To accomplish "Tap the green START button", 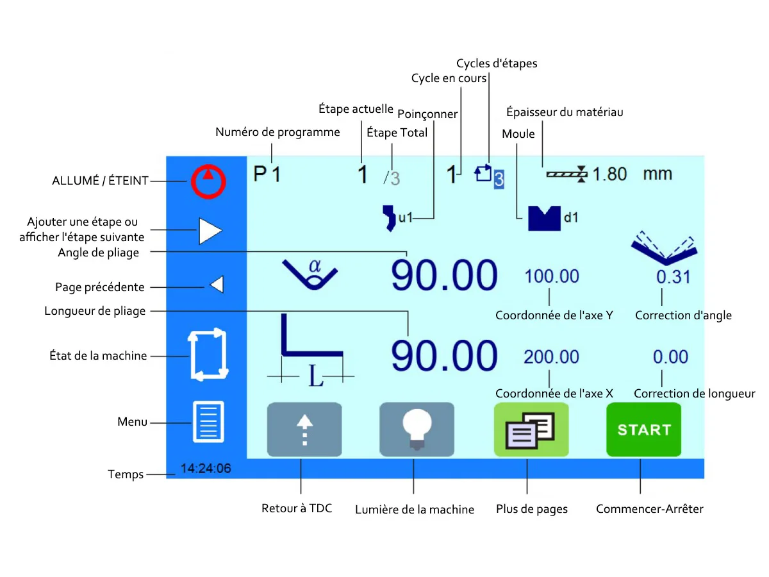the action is pyautogui.click(x=643, y=429).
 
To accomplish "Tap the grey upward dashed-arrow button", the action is pyautogui.click(x=304, y=429).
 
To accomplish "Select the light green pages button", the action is pyautogui.click(x=531, y=429).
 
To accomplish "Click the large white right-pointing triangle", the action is pyautogui.click(x=210, y=231).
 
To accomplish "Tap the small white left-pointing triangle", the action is pyautogui.click(x=217, y=284).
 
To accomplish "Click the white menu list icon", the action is pyautogui.click(x=208, y=421).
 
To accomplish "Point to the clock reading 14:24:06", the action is pyautogui.click(x=206, y=468).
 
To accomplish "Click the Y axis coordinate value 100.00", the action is pyautogui.click(x=552, y=276).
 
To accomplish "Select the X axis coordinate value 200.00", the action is pyautogui.click(x=551, y=357).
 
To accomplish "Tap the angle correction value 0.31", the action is pyautogui.click(x=673, y=277).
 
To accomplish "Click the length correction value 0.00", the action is pyautogui.click(x=670, y=356).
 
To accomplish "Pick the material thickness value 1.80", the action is pyautogui.click(x=609, y=174).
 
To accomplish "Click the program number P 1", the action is pyautogui.click(x=267, y=174).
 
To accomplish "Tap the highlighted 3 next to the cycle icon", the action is pyautogui.click(x=499, y=180).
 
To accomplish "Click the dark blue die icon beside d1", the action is pyautogui.click(x=544, y=219).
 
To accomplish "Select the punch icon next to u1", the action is pyautogui.click(x=389, y=218).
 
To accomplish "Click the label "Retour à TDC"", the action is pyautogui.click(x=297, y=508).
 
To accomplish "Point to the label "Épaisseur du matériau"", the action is pyautogui.click(x=565, y=112).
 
